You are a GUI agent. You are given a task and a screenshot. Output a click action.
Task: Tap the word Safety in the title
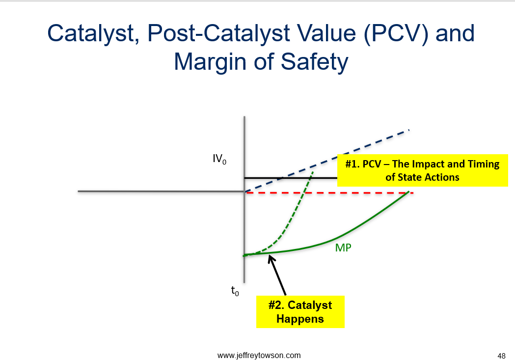point(314,62)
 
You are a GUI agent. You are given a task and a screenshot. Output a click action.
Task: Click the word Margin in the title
point(212,62)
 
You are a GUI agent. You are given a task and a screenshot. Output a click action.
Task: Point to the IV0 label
point(219,159)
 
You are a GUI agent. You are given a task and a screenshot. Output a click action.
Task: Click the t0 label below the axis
point(235,291)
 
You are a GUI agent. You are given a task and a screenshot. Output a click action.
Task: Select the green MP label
point(343,248)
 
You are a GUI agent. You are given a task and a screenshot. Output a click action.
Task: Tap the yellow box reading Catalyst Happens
point(300,312)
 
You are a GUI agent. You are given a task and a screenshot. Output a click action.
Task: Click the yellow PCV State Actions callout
point(422,170)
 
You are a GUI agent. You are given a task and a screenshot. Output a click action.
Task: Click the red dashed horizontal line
point(329,193)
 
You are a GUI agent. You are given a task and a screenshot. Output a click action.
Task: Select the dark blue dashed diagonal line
point(327,161)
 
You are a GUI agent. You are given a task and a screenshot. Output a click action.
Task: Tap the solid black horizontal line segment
point(291,178)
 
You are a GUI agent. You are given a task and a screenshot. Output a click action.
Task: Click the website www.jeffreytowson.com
point(259,356)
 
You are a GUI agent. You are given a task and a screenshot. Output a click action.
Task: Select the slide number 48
point(502,356)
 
